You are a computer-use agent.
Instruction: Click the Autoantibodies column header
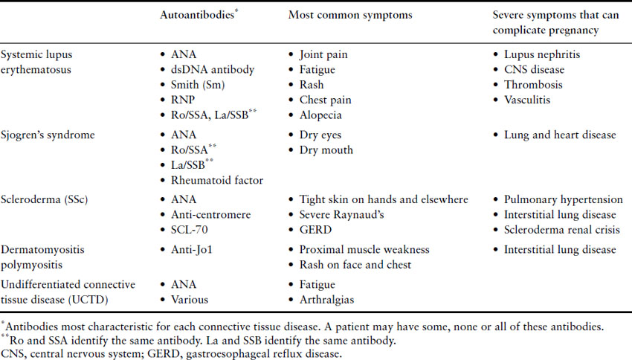pos(198,15)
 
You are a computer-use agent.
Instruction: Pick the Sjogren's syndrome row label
pos(50,135)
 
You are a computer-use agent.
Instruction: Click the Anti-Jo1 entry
pos(193,249)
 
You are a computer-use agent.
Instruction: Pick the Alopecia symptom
pos(322,114)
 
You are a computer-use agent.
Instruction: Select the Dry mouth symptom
pos(326,150)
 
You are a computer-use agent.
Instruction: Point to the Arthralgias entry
pos(327,300)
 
